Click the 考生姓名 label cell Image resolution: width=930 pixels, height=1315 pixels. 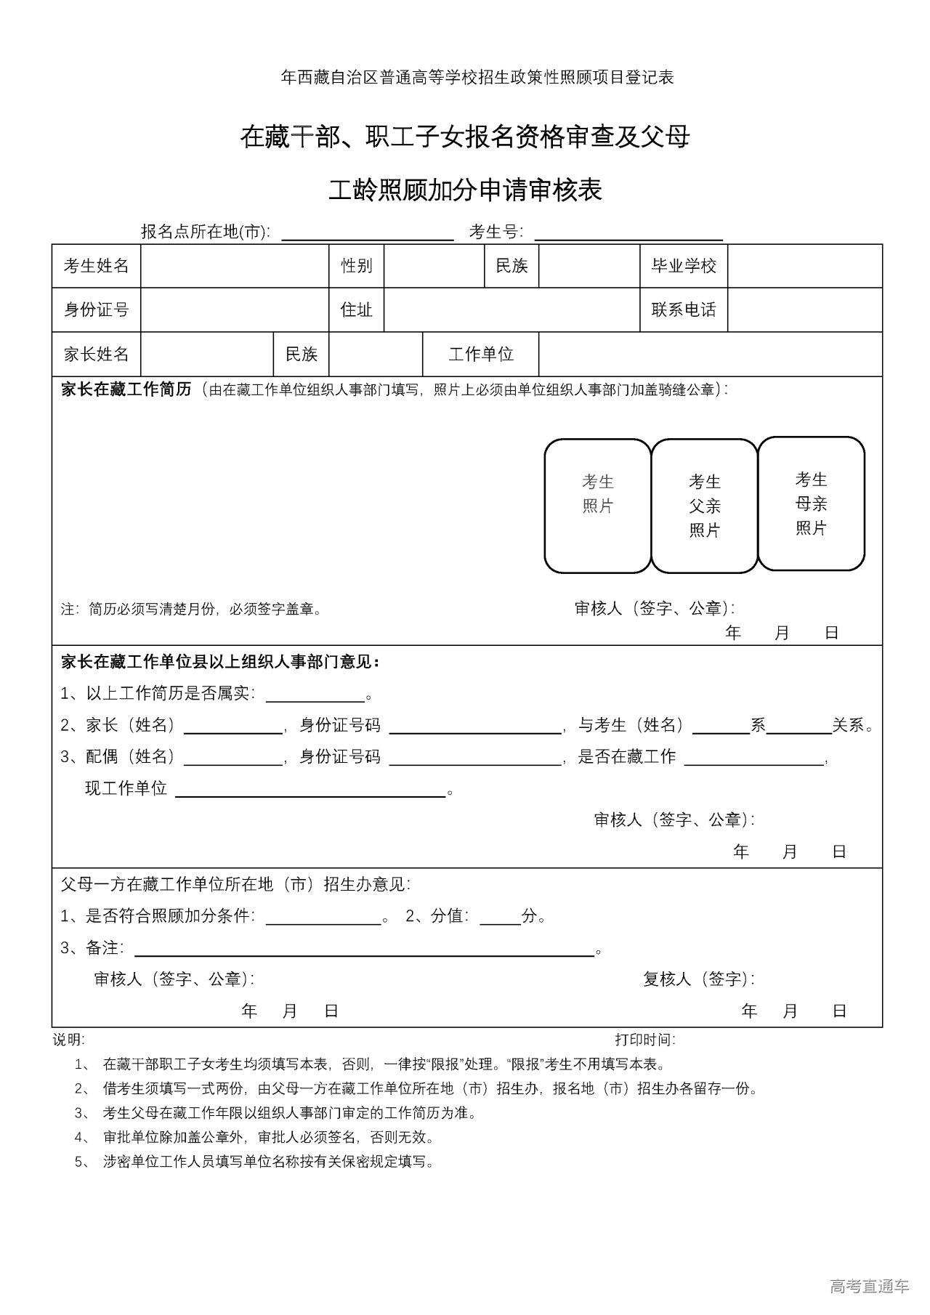click(97, 266)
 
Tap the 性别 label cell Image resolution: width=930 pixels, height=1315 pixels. click(357, 266)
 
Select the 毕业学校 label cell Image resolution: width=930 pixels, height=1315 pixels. click(684, 266)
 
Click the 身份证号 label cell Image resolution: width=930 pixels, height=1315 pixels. click(97, 310)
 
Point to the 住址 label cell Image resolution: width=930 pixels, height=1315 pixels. click(357, 310)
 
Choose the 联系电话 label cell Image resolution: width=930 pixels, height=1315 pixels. click(684, 310)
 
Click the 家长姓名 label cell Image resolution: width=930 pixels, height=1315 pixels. click(97, 355)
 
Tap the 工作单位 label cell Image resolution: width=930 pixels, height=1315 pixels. click(481, 355)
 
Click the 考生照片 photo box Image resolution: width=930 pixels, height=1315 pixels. click(598, 506)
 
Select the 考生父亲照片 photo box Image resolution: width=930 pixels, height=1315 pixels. click(705, 506)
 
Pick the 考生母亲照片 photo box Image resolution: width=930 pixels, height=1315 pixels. click(812, 503)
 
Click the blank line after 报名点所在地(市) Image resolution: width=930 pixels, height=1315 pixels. click(368, 234)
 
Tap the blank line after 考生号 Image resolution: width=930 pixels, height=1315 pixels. click(628, 234)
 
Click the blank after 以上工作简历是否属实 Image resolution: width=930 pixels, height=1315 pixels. click(315, 696)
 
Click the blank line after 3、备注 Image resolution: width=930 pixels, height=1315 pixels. click(365, 950)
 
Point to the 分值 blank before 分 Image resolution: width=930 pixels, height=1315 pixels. click(500, 918)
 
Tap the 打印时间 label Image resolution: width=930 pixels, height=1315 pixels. click(645, 1040)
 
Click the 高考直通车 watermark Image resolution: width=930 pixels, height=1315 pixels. click(869, 1287)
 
